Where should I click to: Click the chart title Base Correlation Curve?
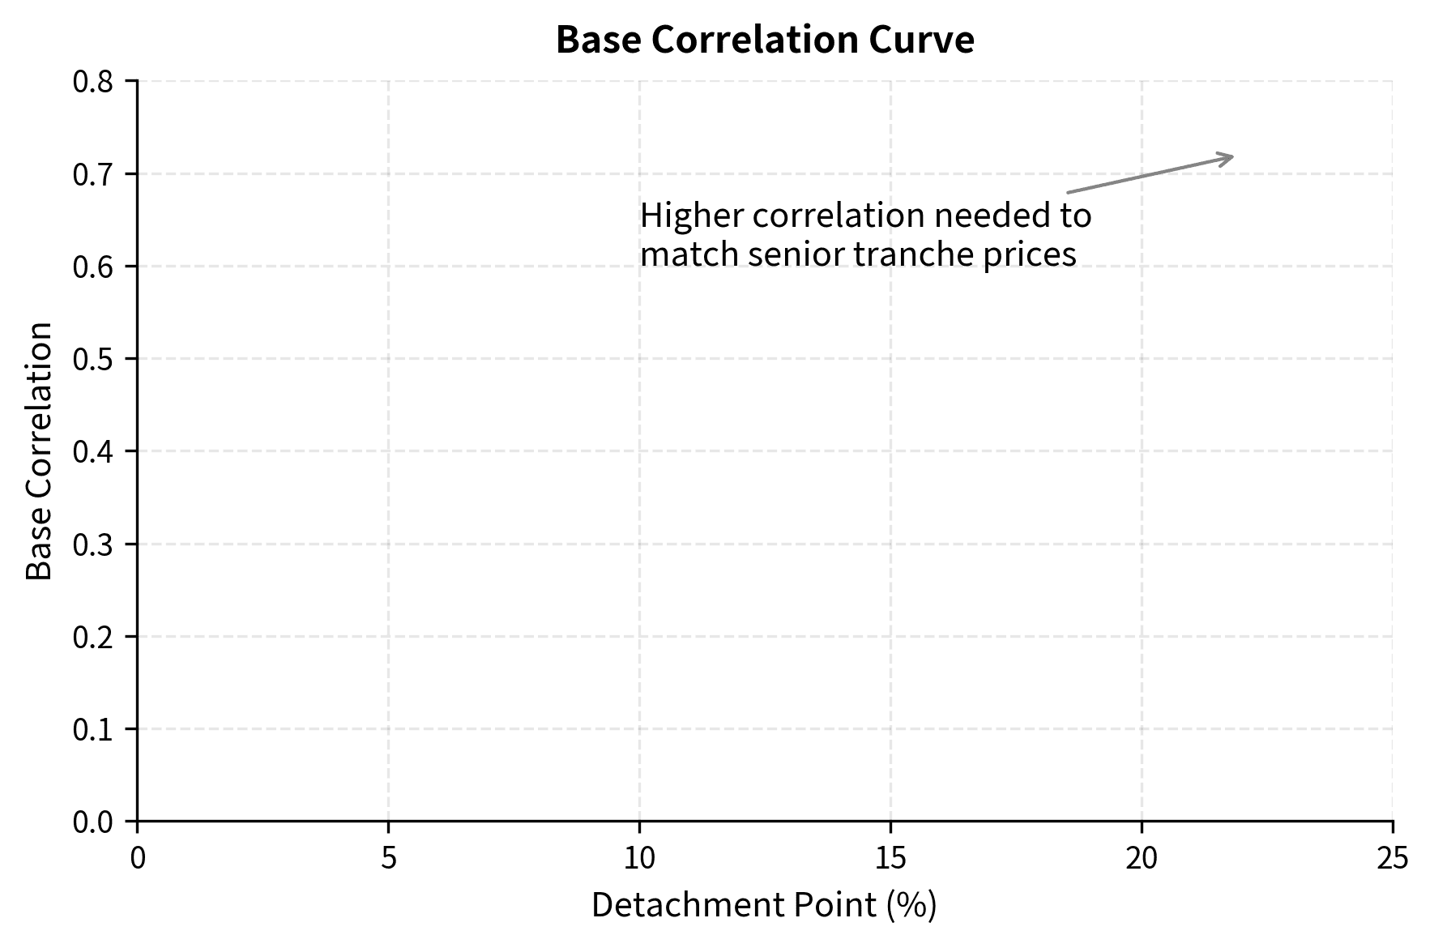[x=765, y=41]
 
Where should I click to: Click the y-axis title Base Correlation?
[x=39, y=451]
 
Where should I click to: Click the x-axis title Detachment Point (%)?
[x=764, y=905]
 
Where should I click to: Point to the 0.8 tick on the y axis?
[x=95, y=82]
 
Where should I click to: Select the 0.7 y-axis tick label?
[x=95, y=174]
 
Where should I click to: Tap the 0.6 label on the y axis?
[x=95, y=267]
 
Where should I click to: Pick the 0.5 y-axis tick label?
[x=95, y=359]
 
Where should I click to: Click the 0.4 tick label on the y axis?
[x=95, y=451]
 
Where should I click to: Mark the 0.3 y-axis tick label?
[x=95, y=544]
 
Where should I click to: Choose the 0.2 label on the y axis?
[x=95, y=637]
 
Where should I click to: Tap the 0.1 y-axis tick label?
[x=95, y=729]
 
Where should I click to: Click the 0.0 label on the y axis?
[x=95, y=822]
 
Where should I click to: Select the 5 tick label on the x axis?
[x=389, y=858]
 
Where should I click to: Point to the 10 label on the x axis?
[x=639, y=858]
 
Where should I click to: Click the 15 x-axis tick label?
[x=890, y=858]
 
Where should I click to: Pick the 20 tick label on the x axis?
[x=1142, y=858]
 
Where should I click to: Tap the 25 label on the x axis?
[x=1393, y=858]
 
